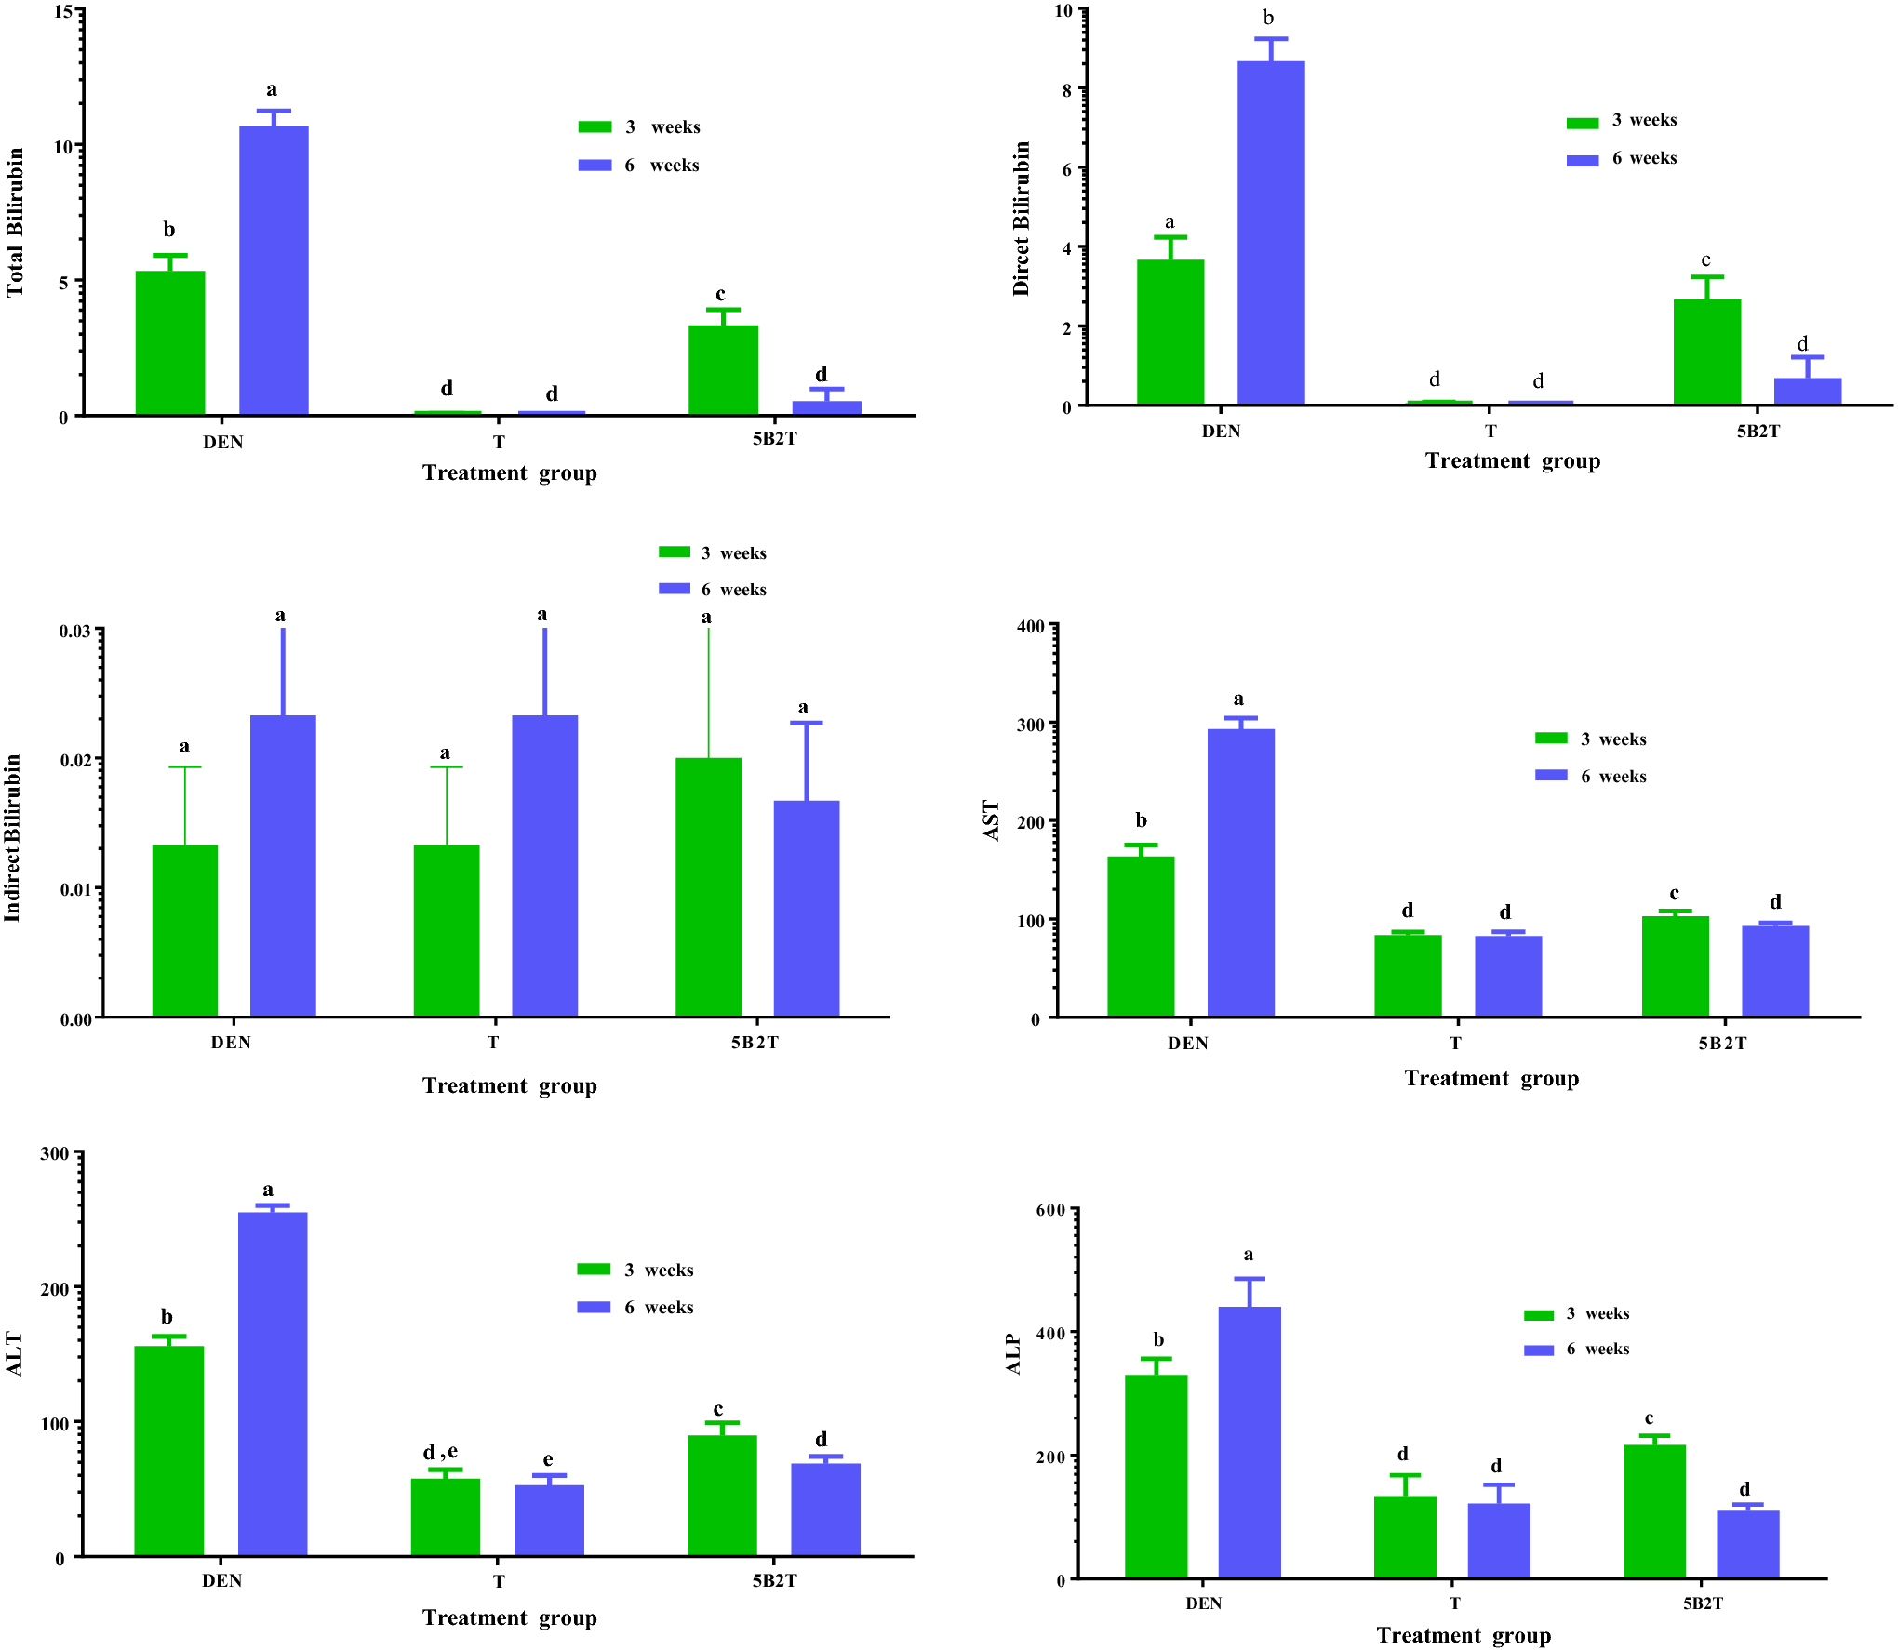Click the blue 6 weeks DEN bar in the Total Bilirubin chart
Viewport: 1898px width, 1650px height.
pyautogui.click(x=274, y=270)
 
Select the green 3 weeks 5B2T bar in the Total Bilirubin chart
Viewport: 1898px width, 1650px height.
pyautogui.click(x=723, y=369)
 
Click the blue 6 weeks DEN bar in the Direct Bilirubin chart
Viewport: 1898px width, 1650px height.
pyautogui.click(x=1271, y=233)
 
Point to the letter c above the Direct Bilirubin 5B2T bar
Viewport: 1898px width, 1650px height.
pyautogui.click(x=1705, y=260)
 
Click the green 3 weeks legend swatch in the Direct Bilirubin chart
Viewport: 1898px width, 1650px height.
pyautogui.click(x=1582, y=123)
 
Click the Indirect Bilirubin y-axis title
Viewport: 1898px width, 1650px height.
pyautogui.click(x=12, y=837)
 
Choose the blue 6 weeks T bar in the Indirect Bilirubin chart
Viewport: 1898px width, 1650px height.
pyautogui.click(x=544, y=865)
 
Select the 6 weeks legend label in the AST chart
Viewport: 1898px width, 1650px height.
pyautogui.click(x=1612, y=777)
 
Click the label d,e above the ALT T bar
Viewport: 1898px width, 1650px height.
pyautogui.click(x=440, y=1452)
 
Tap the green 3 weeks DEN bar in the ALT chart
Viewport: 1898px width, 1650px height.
pyautogui.click(x=168, y=1450)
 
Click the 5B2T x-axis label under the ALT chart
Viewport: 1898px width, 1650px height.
pyautogui.click(x=774, y=1580)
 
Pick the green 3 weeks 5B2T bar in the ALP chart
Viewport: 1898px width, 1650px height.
pyautogui.click(x=1654, y=1510)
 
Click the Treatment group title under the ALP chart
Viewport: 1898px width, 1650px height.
pyautogui.click(x=1463, y=1634)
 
